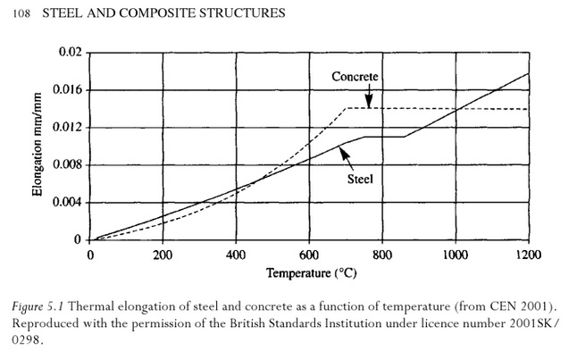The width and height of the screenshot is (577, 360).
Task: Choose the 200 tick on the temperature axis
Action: [x=163, y=254]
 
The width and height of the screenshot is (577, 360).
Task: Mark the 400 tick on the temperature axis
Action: [x=236, y=254]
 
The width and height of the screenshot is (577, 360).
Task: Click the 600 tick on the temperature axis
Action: [x=309, y=254]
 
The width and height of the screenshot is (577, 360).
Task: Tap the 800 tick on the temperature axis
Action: [x=382, y=254]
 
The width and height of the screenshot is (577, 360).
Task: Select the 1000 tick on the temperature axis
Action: [x=455, y=254]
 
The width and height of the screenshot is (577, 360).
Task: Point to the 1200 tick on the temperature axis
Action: [x=528, y=254]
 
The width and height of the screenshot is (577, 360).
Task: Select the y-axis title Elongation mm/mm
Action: [x=39, y=147]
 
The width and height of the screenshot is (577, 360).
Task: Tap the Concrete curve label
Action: [x=356, y=78]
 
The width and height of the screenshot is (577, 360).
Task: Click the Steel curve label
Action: [x=360, y=179]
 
